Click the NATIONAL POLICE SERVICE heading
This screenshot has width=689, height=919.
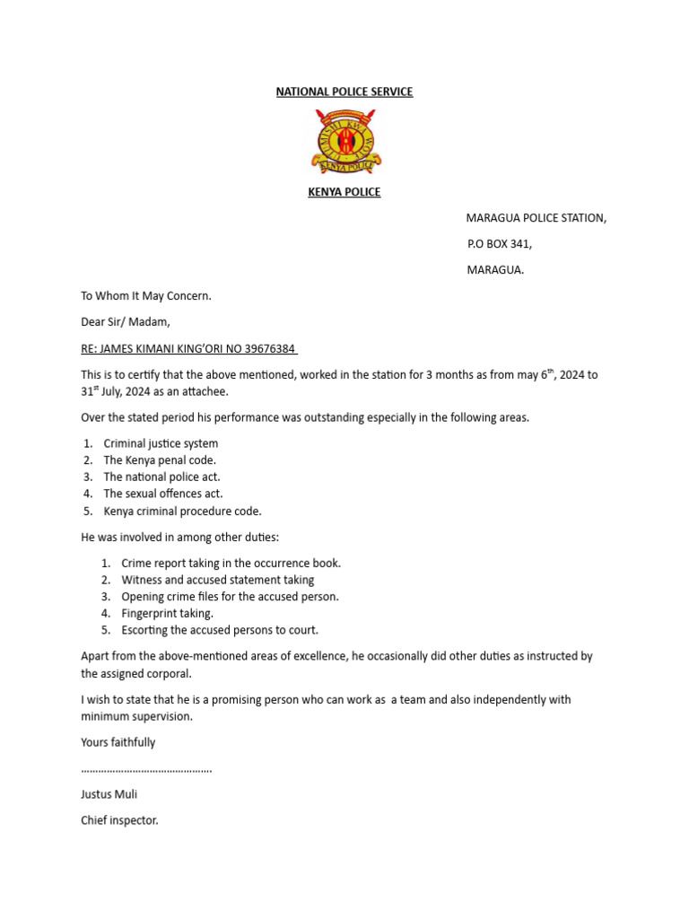pyautogui.click(x=344, y=92)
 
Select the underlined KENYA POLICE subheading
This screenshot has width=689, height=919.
pyautogui.click(x=344, y=192)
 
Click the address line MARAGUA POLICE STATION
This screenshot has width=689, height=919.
pyautogui.click(x=536, y=218)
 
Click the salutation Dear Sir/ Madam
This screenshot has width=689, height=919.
pyautogui.click(x=125, y=321)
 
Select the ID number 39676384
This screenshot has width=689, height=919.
pyautogui.click(x=265, y=348)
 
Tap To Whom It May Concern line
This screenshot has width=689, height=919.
pyautogui.click(x=146, y=295)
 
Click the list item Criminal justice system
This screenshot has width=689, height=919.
pyautogui.click(x=161, y=443)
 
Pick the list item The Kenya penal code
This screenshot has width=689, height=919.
pyautogui.click(x=160, y=460)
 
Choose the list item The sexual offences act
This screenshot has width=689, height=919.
pyautogui.click(x=163, y=494)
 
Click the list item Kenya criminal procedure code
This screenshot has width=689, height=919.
pyautogui.click(x=182, y=511)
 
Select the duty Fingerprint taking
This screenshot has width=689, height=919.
pyautogui.click(x=168, y=613)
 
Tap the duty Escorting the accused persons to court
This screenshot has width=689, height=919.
pyautogui.click(x=220, y=630)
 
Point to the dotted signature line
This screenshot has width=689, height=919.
pyautogui.click(x=146, y=769)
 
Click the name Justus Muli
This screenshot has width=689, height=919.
pyautogui.click(x=109, y=794)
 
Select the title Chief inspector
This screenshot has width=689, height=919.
pyautogui.click(x=119, y=820)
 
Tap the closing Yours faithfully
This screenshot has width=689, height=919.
pyautogui.click(x=118, y=742)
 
